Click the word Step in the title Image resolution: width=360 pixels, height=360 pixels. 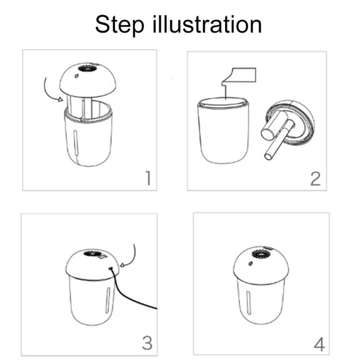tap(120, 25)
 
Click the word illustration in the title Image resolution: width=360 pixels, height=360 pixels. tap(207, 24)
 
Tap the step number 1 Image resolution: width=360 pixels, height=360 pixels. tap(149, 178)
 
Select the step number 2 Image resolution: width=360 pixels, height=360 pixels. tap(315, 179)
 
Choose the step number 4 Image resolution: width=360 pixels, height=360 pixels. tap(319, 344)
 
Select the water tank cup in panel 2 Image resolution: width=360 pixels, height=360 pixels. tap(223, 131)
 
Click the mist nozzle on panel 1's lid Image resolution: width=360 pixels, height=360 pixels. tap(87, 68)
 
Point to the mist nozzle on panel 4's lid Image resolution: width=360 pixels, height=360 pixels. tap(261, 254)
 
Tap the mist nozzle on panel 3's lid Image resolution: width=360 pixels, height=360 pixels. tap(92, 254)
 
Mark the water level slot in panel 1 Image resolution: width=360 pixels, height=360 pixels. tap(76, 143)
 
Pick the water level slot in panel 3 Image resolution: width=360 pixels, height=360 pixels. tap(107, 301)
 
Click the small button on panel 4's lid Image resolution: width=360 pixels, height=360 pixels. tap(251, 264)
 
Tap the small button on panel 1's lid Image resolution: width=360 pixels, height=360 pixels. tap(76, 76)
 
